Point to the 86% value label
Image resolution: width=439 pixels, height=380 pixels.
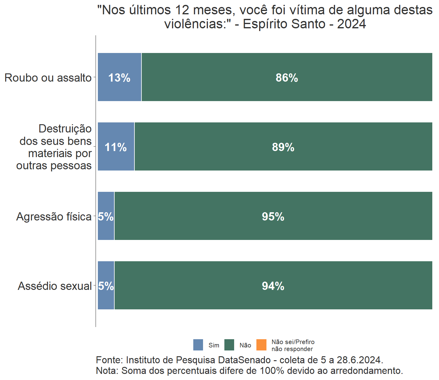click(x=287, y=78)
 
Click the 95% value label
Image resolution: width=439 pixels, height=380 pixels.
click(x=273, y=217)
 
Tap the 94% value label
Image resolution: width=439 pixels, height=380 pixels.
click(x=273, y=286)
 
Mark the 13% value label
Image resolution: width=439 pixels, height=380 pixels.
click(x=119, y=78)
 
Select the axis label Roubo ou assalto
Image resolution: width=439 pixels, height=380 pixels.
click(x=48, y=78)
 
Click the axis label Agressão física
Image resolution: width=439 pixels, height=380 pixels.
click(x=54, y=217)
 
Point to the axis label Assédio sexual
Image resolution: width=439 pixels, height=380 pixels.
click(x=55, y=286)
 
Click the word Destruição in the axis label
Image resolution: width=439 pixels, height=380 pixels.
click(x=65, y=129)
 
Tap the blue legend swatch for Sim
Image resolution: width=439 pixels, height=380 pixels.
click(x=198, y=345)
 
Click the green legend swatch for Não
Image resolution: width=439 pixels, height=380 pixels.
click(x=229, y=345)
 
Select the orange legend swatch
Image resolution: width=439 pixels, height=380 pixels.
click(x=262, y=345)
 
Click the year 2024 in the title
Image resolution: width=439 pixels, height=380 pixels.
click(x=352, y=24)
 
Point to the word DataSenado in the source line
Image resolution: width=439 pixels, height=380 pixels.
click(x=244, y=360)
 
